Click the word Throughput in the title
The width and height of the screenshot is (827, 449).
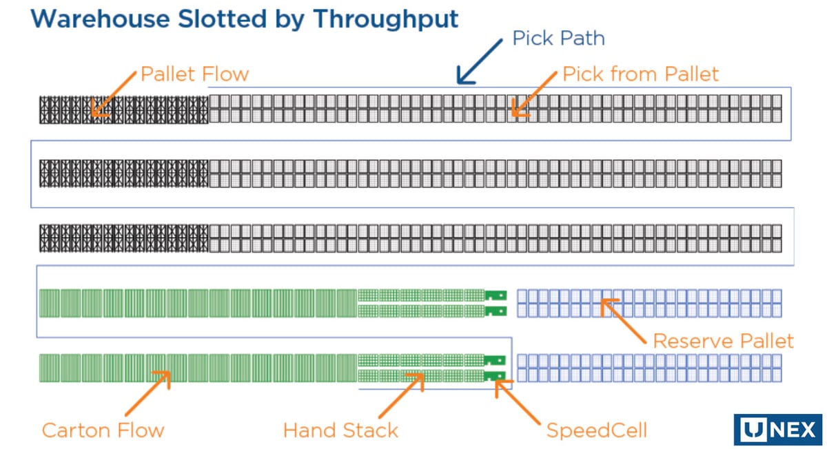[386, 20]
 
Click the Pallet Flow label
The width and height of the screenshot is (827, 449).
[194, 74]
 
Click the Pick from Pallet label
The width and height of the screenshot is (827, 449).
[640, 74]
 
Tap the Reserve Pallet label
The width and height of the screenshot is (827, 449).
[723, 341]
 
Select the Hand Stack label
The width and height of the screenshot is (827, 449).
[340, 430]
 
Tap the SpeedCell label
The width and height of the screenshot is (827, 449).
[597, 430]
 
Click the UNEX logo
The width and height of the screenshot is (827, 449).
[778, 430]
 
